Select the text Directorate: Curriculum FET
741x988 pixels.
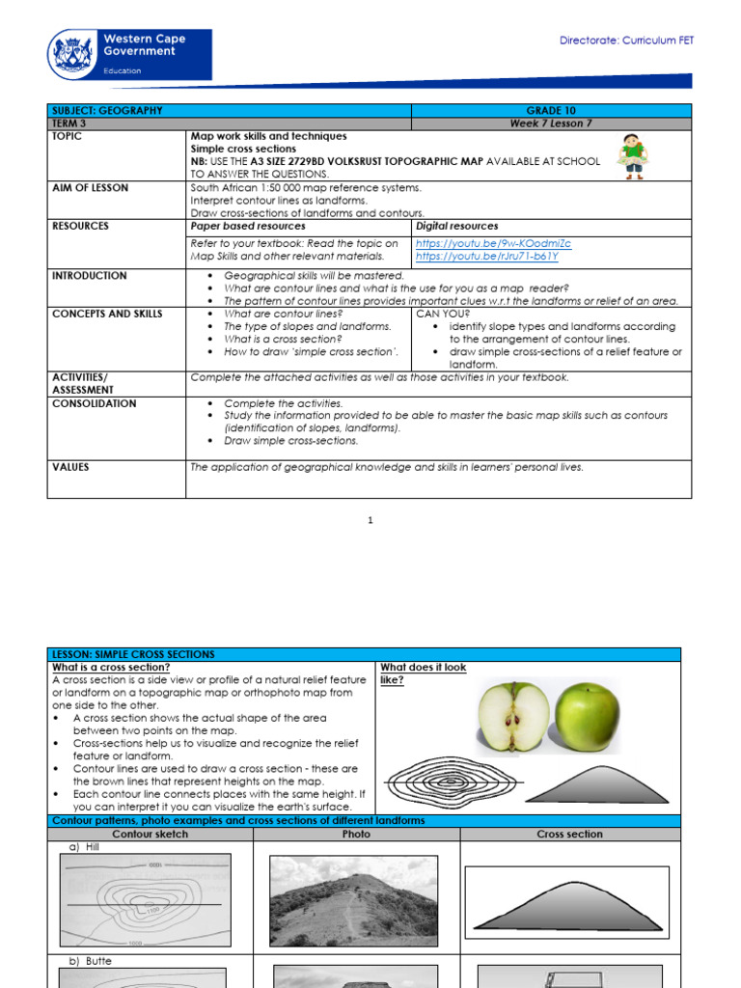[x=626, y=41]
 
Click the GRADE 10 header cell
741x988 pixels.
[x=551, y=111]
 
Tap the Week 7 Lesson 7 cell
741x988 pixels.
[x=551, y=123]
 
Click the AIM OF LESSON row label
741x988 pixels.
[x=89, y=188]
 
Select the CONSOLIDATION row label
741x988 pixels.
[x=94, y=404]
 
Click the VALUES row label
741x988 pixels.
[x=70, y=467]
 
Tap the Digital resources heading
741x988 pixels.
[x=457, y=226]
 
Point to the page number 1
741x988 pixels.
[x=370, y=521]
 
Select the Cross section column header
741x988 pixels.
[x=569, y=835]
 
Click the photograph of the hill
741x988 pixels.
[x=356, y=901]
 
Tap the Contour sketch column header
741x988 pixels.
[x=150, y=835]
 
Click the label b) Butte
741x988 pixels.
[x=90, y=962]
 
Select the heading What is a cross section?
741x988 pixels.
[x=111, y=668]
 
